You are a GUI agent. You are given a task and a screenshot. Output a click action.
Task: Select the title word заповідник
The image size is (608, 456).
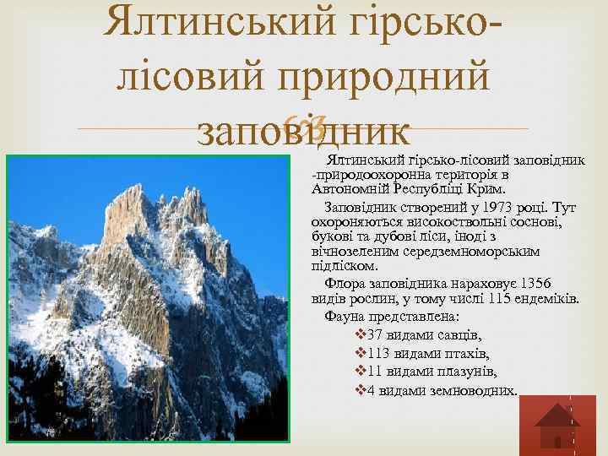coord(303,133)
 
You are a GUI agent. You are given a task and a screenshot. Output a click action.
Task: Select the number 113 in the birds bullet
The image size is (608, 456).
coord(380,354)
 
